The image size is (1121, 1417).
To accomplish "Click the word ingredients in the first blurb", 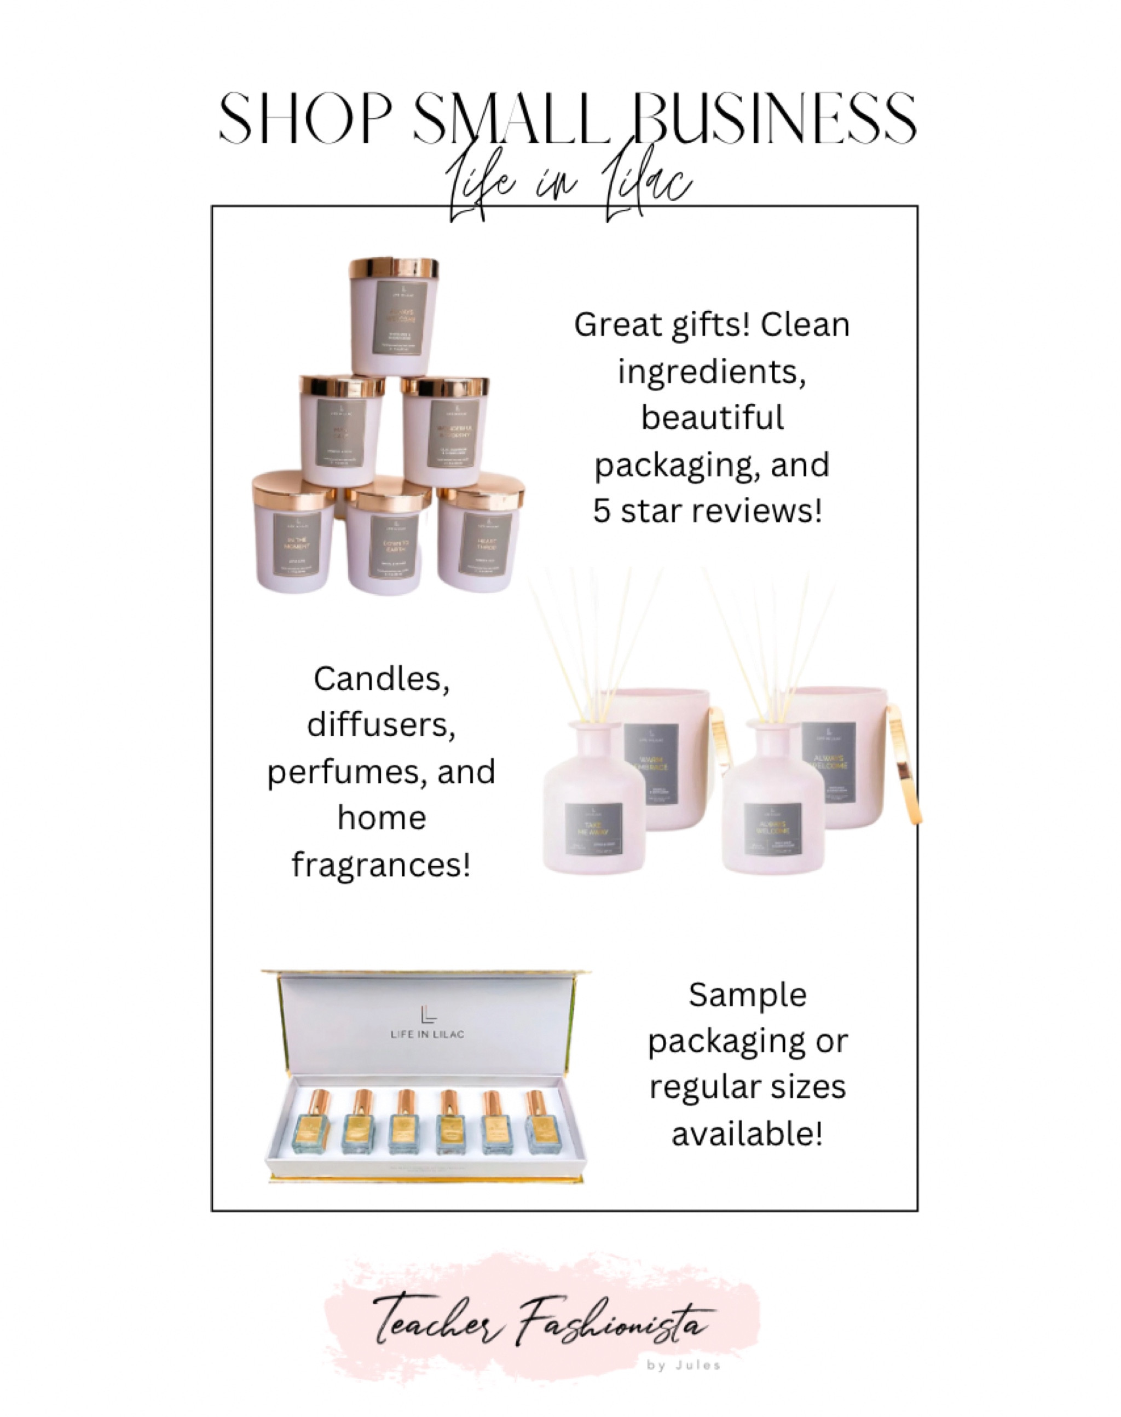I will (x=712, y=372).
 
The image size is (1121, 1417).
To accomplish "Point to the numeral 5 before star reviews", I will (x=602, y=511).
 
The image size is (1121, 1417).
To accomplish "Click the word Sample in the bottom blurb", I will (x=748, y=995).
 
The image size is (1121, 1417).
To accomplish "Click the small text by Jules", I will (x=683, y=1365).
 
